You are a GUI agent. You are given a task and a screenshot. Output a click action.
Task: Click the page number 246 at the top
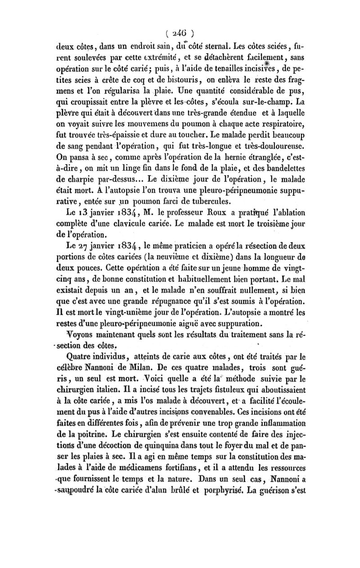(180, 33)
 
